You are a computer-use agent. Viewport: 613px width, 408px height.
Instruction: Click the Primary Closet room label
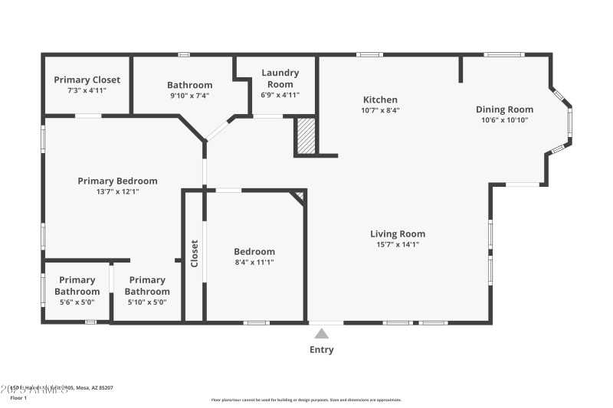[x=87, y=80]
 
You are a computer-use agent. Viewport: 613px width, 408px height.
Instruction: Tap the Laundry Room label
[x=280, y=78]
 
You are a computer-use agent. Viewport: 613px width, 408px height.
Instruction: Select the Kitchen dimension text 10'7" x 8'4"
[x=380, y=110]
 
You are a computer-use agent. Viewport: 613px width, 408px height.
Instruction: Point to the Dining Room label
[x=504, y=109]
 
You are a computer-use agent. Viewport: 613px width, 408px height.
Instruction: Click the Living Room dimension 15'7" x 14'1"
[x=398, y=245]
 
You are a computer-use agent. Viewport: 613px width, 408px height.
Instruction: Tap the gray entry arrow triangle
[x=322, y=333]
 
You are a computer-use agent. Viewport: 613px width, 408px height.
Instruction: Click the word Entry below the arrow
[x=322, y=350]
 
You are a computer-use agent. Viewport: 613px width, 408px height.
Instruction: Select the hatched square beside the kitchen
[x=306, y=136]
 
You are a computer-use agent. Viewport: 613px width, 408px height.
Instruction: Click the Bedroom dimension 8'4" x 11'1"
[x=254, y=263]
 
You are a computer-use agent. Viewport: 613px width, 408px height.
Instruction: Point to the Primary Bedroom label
[x=117, y=181]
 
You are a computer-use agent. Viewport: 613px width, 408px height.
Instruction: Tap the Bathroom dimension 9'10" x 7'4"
[x=189, y=96]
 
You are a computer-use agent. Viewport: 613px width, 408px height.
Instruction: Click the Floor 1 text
[x=18, y=398]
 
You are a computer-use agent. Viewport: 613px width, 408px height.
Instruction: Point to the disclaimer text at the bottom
[x=306, y=400]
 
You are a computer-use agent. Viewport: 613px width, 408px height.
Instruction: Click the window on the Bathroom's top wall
[x=184, y=54]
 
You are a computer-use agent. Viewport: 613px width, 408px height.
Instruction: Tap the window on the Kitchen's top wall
[x=370, y=54]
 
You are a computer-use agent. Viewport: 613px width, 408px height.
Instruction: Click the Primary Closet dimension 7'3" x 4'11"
[x=87, y=90]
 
